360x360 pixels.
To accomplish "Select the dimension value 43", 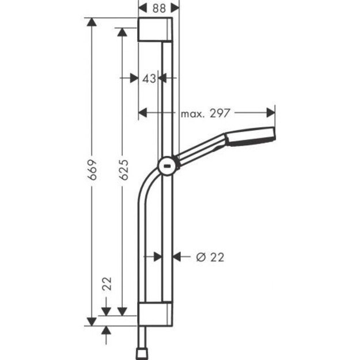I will coord(149,79).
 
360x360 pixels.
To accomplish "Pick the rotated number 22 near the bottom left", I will coord(107,284).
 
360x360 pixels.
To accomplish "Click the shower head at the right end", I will coord(251,135).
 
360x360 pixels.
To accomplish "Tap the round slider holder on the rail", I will coord(168,166).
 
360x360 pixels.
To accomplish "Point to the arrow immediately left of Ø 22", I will coord(178,257).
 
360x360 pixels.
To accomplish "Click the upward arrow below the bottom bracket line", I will coord(106,330).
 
